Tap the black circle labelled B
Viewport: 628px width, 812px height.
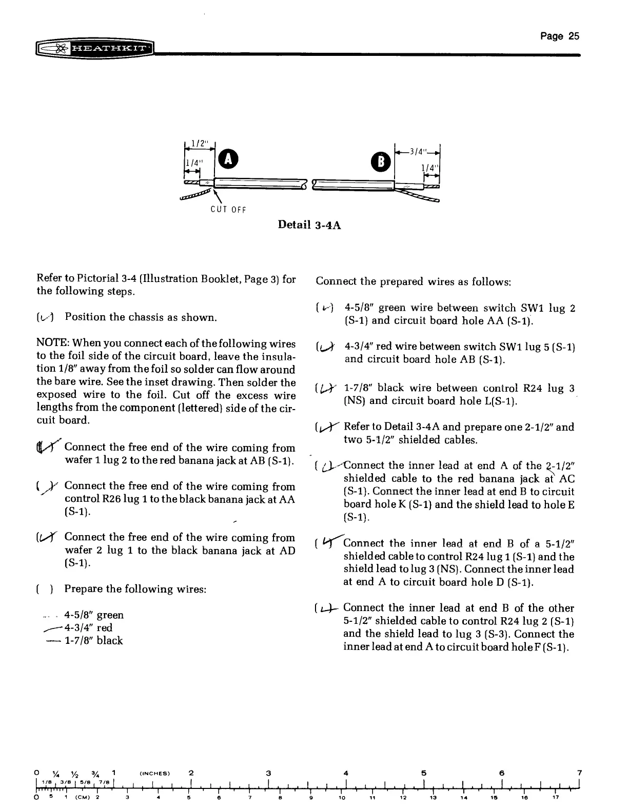coord(384,159)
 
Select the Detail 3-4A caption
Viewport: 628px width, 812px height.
coord(309,224)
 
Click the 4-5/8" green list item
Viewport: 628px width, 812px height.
coord(94,615)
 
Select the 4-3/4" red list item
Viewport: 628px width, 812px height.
coord(88,627)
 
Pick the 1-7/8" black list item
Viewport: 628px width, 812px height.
coord(93,640)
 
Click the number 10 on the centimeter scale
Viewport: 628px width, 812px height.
coord(342,797)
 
